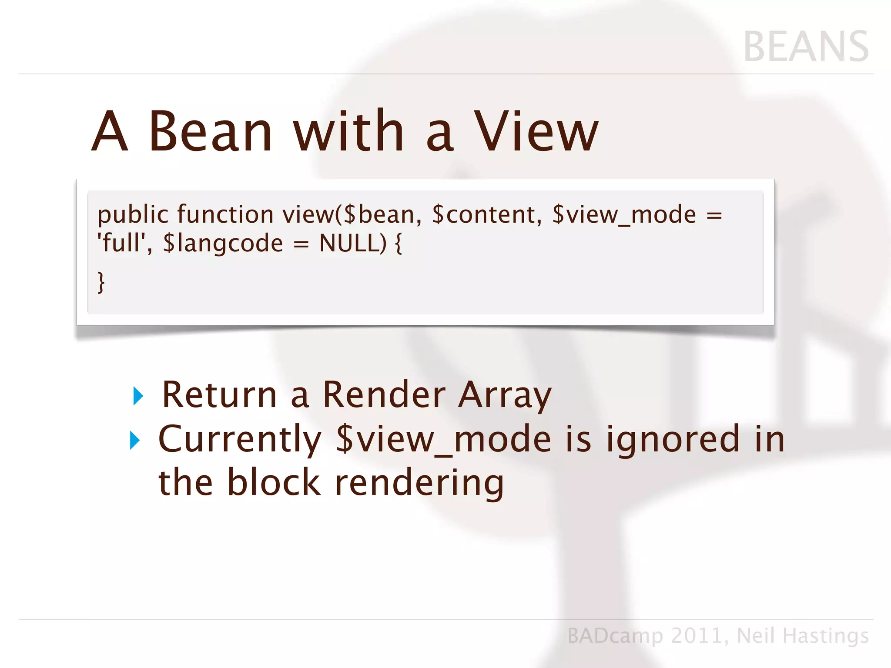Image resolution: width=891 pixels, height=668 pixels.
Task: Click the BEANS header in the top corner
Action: pyautogui.click(x=806, y=47)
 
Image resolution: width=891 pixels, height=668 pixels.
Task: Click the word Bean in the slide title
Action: pyautogui.click(x=211, y=131)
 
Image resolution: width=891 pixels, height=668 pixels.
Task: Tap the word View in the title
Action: pyautogui.click(x=536, y=131)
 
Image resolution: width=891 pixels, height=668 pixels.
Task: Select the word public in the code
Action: pyautogui.click(x=133, y=215)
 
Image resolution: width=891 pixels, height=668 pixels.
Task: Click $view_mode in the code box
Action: pyautogui.click(x=624, y=215)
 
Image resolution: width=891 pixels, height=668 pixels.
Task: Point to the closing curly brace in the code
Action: pyautogui.click(x=101, y=283)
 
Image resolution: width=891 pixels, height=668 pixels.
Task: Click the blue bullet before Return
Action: pyautogui.click(x=138, y=396)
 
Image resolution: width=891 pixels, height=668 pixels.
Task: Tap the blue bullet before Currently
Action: pyautogui.click(x=135, y=440)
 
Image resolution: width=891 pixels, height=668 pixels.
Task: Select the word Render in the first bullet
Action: pyautogui.click(x=384, y=394)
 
